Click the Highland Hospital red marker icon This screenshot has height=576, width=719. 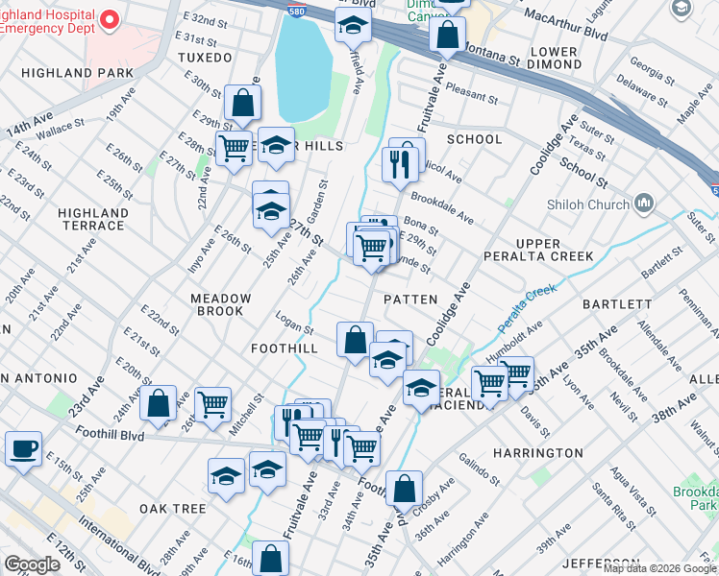[x=109, y=19]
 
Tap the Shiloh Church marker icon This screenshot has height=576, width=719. [x=644, y=204]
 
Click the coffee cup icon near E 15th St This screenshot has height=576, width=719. [x=23, y=448]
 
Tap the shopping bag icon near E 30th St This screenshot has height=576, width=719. [x=244, y=103]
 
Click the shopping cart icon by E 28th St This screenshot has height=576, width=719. [x=234, y=149]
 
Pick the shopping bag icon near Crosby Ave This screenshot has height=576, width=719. [x=405, y=488]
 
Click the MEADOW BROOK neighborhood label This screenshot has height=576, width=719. [x=220, y=304]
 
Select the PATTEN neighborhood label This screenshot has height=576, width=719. [x=410, y=300]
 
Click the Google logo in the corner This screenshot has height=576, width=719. [x=32, y=564]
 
